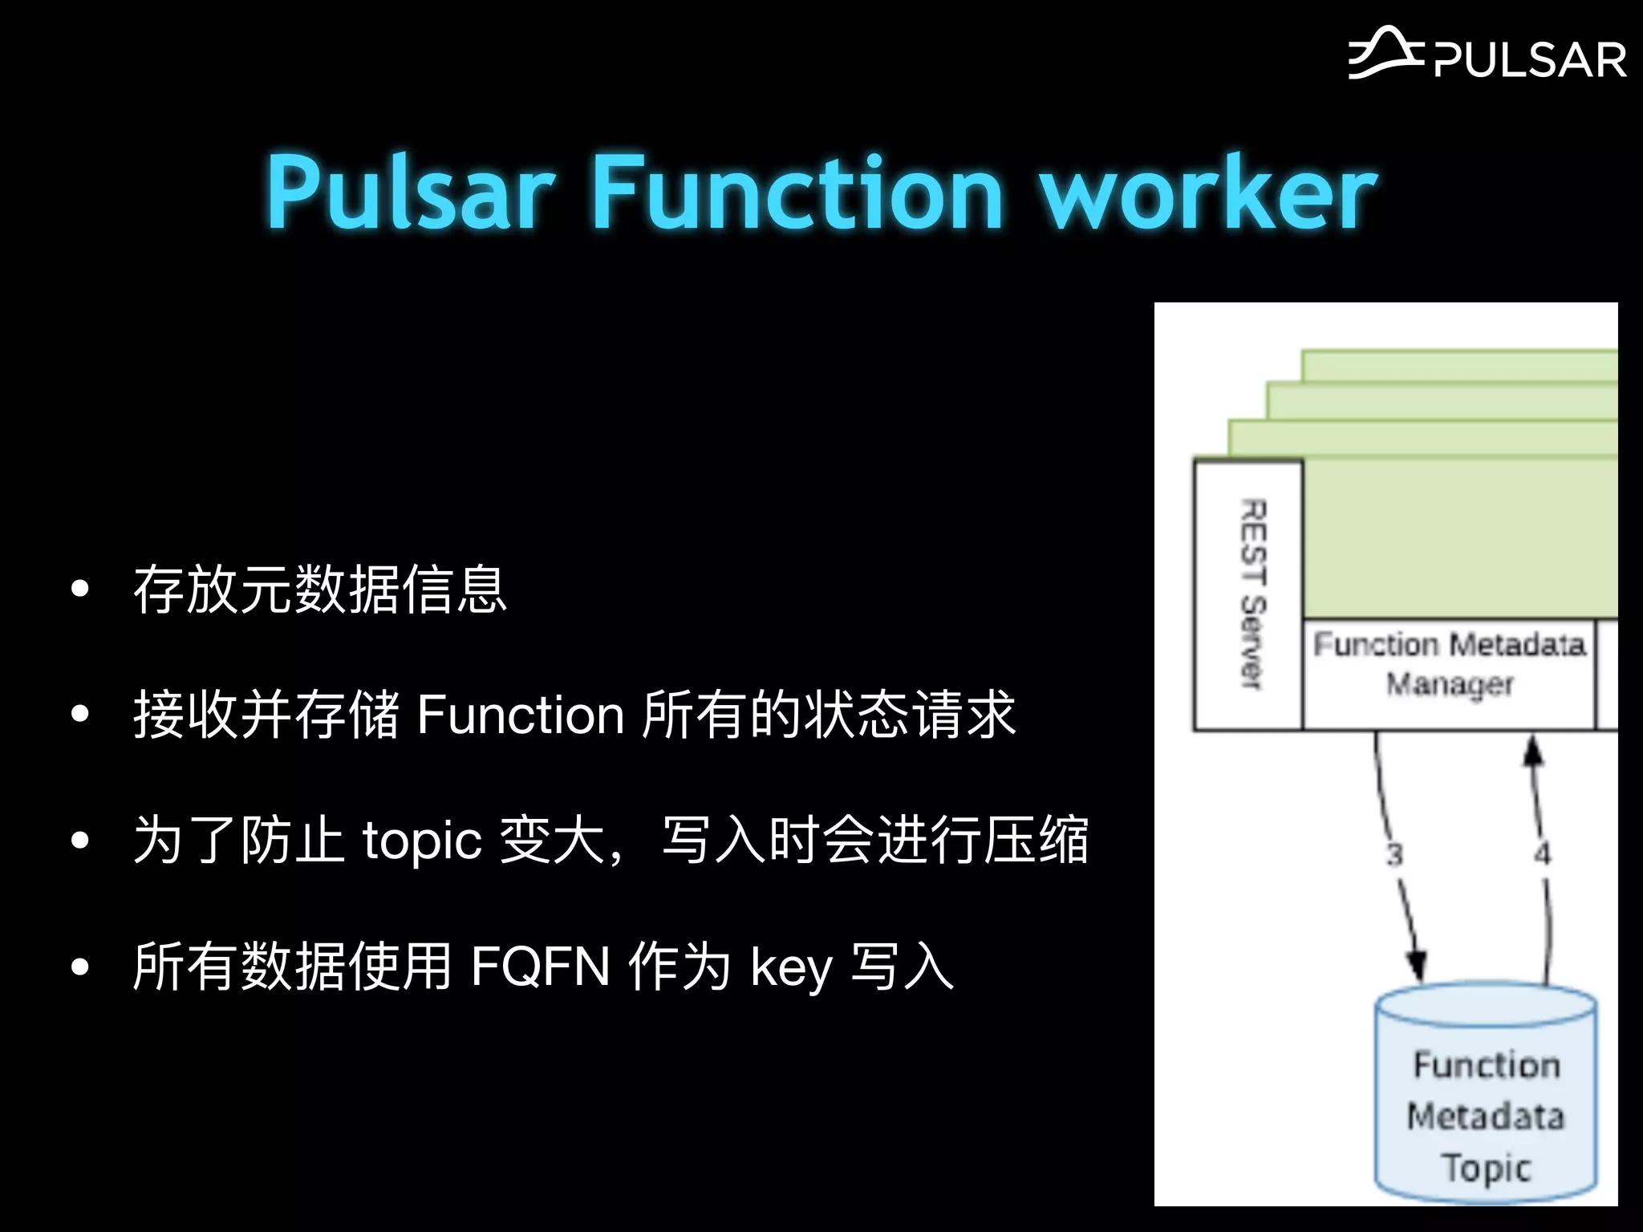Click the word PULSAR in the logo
1530,61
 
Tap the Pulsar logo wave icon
1385,55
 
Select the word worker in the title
1208,192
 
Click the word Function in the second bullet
521,715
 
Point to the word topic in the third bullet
422,841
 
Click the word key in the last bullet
791,967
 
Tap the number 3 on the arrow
1394,854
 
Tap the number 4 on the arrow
1542,853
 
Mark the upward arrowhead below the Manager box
1533,751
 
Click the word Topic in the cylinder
1487,1168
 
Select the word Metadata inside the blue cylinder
1486,1116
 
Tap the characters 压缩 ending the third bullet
1036,841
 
